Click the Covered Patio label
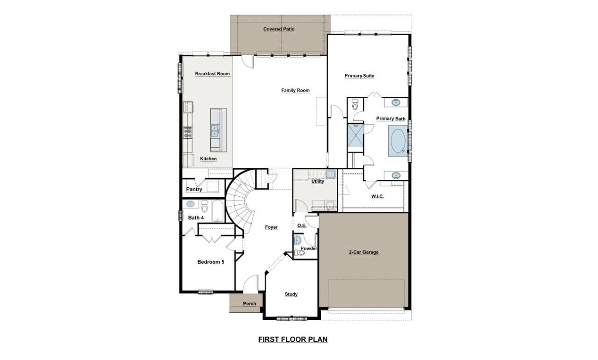pyautogui.click(x=278, y=29)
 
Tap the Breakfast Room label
pyautogui.click(x=212, y=74)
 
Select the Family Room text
pyautogui.click(x=295, y=90)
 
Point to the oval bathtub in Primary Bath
pyautogui.click(x=398, y=141)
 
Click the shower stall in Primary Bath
pyautogui.click(x=355, y=136)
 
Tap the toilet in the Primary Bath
pyautogui.click(x=355, y=105)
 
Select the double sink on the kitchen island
pyautogui.click(x=215, y=130)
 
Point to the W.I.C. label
pyautogui.click(x=377, y=196)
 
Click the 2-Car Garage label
pyautogui.click(x=363, y=252)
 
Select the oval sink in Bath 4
pyautogui.click(x=191, y=204)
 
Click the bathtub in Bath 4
pyautogui.click(x=218, y=211)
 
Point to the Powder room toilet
pyautogui.click(x=300, y=253)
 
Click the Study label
pyautogui.click(x=291, y=294)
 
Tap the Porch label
pyautogui.click(x=249, y=303)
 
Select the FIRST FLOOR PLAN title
pyautogui.click(x=293, y=339)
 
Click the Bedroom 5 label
pyautogui.click(x=211, y=262)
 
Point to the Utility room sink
pyautogui.click(x=330, y=174)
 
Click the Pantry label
pyautogui.click(x=194, y=189)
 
